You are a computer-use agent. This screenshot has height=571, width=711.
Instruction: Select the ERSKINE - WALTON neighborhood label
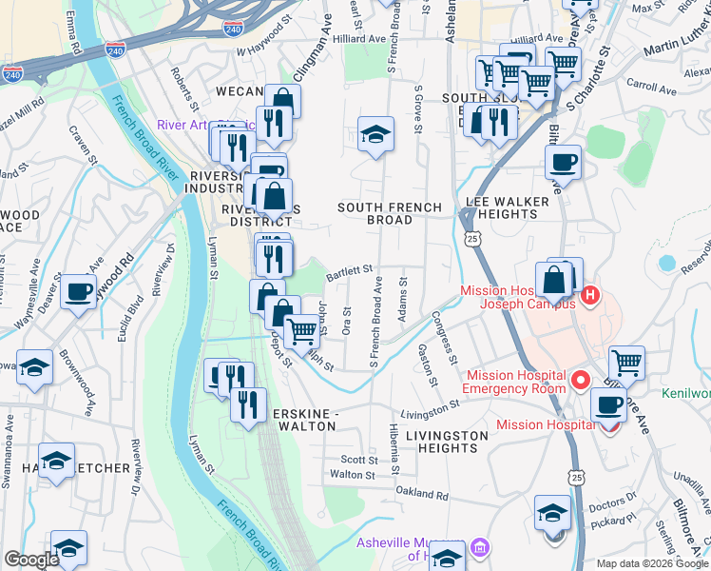click(304, 420)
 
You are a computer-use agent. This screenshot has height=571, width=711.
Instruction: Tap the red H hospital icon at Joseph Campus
click(589, 296)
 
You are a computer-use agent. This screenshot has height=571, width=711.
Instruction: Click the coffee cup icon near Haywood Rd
click(79, 291)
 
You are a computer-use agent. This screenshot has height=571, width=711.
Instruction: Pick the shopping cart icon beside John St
click(302, 331)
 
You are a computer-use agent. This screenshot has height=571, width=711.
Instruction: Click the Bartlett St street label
click(349, 273)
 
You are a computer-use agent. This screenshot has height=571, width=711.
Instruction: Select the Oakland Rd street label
click(421, 495)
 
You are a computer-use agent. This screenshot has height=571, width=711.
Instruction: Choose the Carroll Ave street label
click(651, 87)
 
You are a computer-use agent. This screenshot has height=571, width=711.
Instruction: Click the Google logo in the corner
click(31, 560)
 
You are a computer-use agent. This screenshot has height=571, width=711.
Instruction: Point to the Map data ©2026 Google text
click(652, 563)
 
